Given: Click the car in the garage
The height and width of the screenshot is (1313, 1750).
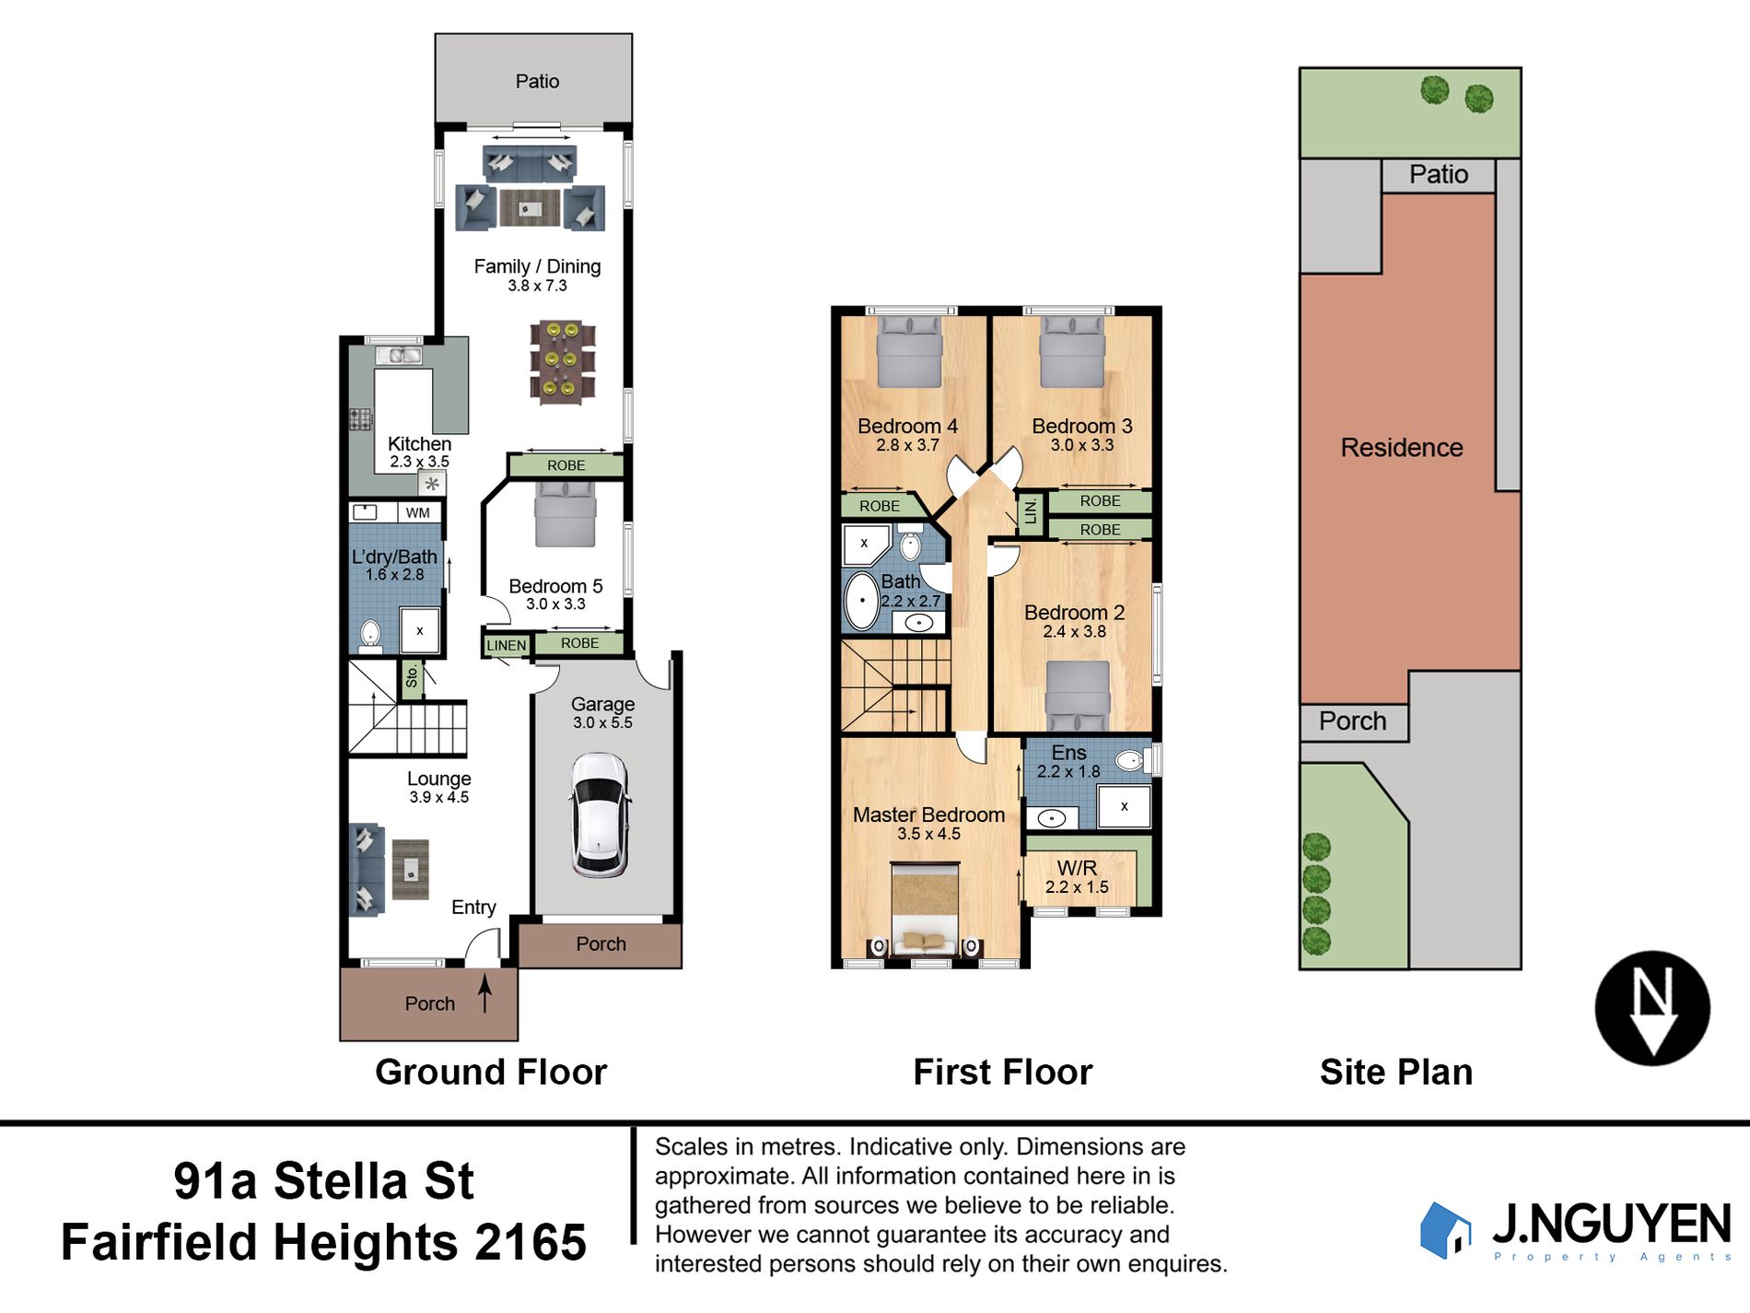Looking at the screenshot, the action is click(600, 815).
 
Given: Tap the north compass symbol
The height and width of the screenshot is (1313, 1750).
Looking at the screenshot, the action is click(1652, 1008).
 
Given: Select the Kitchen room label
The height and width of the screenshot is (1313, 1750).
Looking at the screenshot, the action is click(419, 444).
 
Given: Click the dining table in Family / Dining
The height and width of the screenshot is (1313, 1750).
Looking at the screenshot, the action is click(562, 361).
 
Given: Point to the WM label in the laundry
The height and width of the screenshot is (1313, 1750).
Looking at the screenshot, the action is click(417, 513).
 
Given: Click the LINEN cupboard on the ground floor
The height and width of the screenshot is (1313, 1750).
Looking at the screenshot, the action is click(507, 645).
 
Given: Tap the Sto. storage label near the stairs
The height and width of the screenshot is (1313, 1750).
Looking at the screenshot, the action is click(412, 677).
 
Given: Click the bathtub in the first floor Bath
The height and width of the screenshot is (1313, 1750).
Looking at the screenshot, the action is click(862, 601).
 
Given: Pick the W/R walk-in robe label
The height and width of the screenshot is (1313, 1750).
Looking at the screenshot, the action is click(1077, 868).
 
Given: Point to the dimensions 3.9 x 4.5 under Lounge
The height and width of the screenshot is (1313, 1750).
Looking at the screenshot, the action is click(439, 797).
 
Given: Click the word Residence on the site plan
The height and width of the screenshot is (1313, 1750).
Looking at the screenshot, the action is click(1402, 448).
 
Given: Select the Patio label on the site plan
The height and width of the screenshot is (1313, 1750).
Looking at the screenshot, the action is click(1439, 174).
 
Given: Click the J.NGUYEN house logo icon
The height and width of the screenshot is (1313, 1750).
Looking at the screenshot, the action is click(1445, 1230).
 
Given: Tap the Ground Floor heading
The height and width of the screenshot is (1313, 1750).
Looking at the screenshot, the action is click(491, 1073).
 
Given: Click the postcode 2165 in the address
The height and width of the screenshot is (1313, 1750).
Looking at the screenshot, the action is click(531, 1242).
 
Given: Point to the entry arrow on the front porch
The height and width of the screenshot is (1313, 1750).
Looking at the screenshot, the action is click(484, 994).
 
